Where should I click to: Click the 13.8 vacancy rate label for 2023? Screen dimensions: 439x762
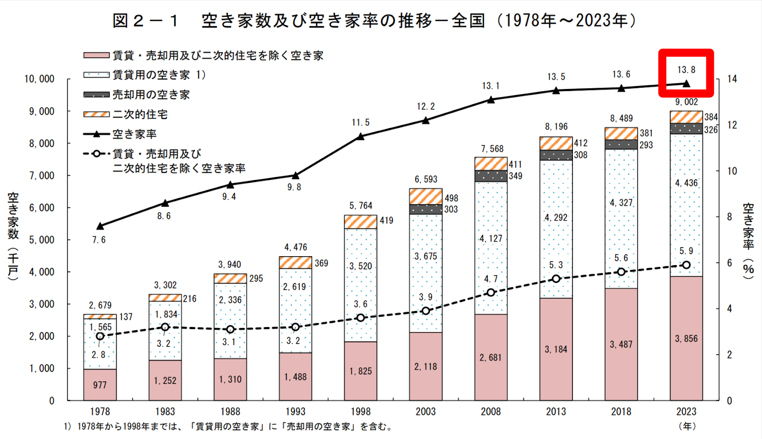pos(686,70)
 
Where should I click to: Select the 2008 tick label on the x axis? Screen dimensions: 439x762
pos(491,411)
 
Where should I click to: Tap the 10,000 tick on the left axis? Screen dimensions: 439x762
pos(40,79)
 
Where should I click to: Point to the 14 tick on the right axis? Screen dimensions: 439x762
pos(732,79)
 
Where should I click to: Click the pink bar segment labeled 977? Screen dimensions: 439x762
pos(100,385)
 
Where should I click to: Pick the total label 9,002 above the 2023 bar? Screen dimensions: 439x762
pos(686,102)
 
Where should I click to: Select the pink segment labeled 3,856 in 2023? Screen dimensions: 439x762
pos(686,339)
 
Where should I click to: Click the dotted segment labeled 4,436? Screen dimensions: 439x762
pos(686,183)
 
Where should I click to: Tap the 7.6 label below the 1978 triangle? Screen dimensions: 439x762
pos(99,240)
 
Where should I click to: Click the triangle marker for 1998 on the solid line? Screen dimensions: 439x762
pos(361,137)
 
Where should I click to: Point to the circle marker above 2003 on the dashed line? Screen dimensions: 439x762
pos(426,311)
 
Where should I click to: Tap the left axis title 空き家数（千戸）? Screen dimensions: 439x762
pos(13,236)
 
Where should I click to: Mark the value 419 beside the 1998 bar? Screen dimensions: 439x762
pos(386,220)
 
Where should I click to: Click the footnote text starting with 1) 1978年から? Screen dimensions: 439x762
pos(229,427)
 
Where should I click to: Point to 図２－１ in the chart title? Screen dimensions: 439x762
pos(146,20)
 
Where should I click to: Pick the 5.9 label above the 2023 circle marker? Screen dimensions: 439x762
pos(686,251)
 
